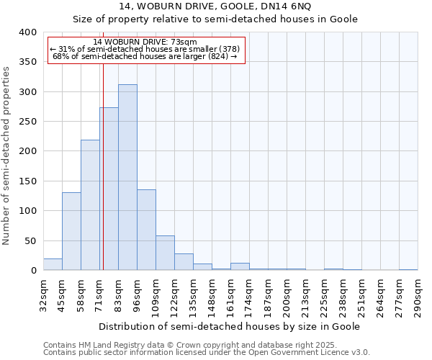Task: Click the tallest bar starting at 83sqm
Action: click(127, 177)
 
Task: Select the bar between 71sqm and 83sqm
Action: click(109, 189)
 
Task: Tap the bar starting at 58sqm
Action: click(90, 205)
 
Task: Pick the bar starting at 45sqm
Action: click(71, 231)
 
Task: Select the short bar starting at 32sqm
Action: click(53, 264)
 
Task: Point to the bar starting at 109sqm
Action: click(165, 253)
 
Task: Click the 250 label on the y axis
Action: click(27, 122)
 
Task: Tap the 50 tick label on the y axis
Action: click(30, 240)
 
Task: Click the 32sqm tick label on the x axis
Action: click(43, 294)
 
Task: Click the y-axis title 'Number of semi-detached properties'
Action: click(6, 155)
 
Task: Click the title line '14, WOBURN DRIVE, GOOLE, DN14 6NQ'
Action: click(216, 6)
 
